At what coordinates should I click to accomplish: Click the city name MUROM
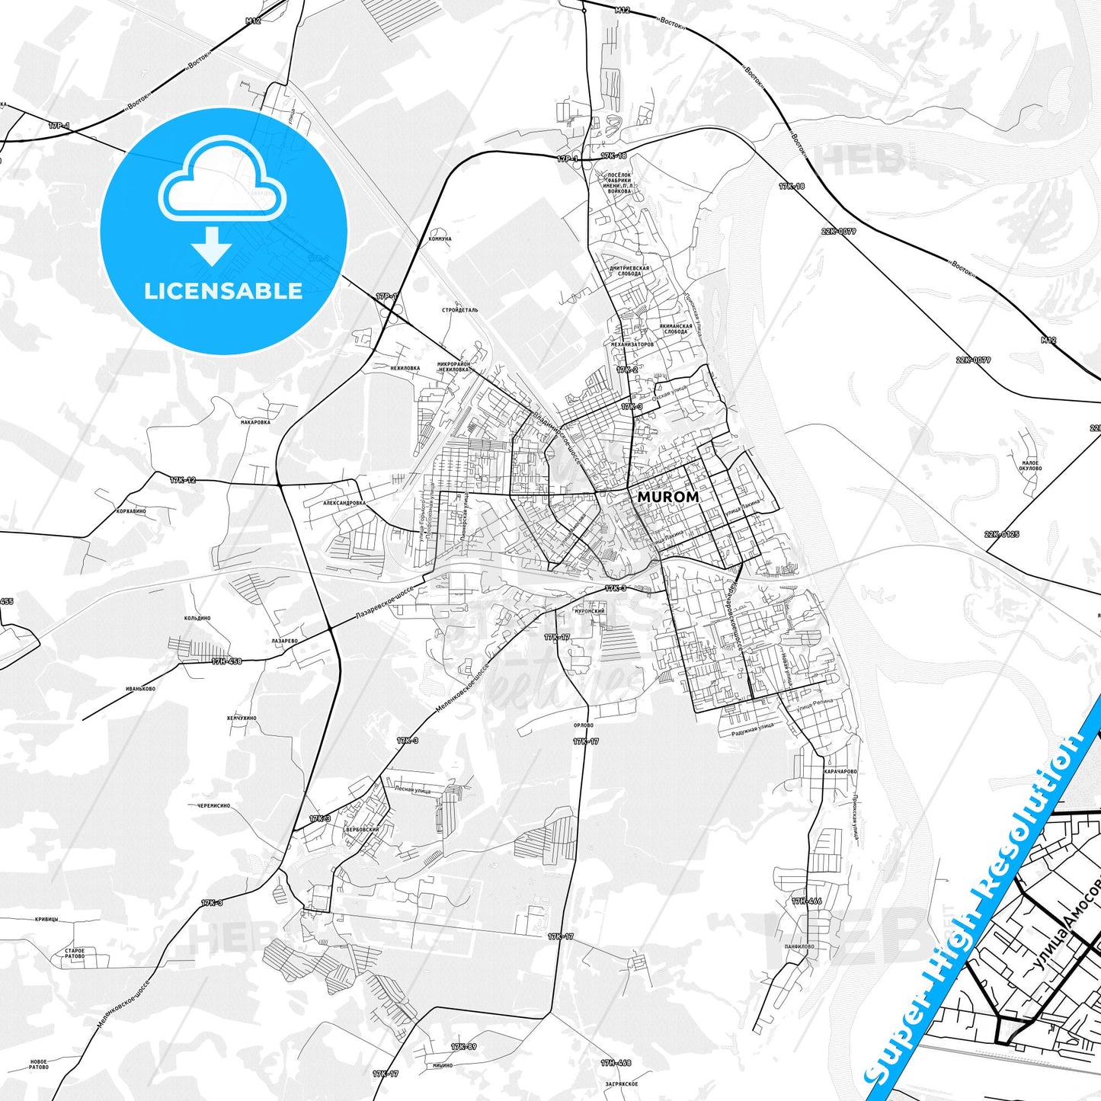667,496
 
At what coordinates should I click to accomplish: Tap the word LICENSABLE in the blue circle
223,291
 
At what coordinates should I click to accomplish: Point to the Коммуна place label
440,238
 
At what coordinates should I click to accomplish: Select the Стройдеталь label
459,311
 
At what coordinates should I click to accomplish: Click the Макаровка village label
255,421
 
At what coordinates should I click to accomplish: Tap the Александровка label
344,503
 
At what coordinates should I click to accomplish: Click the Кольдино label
197,618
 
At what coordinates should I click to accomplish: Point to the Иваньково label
140,688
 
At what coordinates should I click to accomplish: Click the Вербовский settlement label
362,829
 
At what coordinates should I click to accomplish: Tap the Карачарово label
840,772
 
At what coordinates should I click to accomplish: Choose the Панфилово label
798,946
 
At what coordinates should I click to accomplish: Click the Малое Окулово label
1030,466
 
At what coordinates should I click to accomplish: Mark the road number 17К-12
183,480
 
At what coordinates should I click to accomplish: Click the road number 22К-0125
1001,534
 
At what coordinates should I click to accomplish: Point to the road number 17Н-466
806,901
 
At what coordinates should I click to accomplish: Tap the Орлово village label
583,725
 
